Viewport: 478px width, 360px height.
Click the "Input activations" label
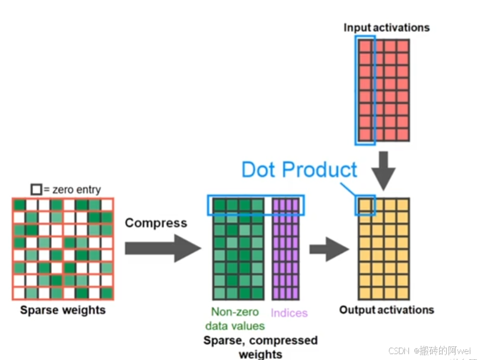[x=387, y=27]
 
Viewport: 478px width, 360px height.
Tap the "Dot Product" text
[x=299, y=170]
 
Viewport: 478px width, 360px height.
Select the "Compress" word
[x=156, y=222]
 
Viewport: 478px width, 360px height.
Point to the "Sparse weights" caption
[x=63, y=310]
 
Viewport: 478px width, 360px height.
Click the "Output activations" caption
[x=387, y=310]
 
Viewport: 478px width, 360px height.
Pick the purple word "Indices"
[x=289, y=313]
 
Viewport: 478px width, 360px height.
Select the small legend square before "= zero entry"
[x=37, y=189]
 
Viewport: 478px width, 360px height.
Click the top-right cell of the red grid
[x=402, y=45]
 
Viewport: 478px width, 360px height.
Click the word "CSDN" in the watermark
[x=400, y=350]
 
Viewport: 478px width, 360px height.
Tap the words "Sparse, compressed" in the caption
[x=260, y=341]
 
